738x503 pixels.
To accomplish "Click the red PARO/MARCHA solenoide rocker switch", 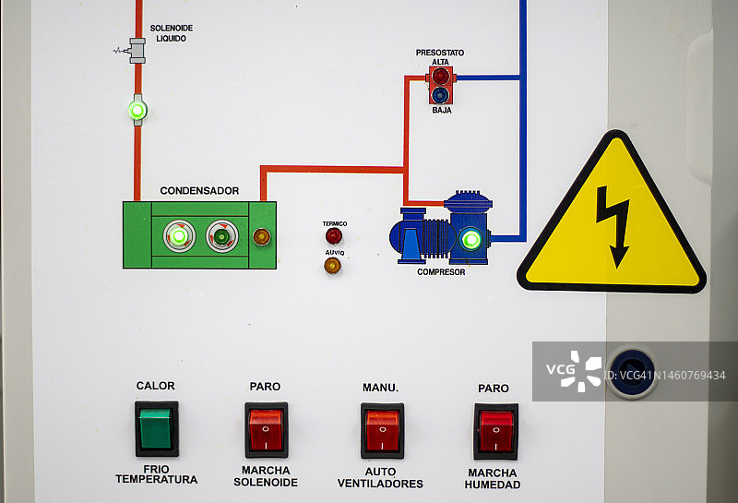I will [266, 430].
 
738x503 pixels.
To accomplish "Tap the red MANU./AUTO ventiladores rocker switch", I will [382, 431].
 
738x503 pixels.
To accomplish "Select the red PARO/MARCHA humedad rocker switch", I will [496, 431].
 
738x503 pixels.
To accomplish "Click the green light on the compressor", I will [471, 240].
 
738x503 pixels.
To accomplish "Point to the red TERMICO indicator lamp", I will [334, 236].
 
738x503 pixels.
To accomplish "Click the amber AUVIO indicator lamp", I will [332, 266].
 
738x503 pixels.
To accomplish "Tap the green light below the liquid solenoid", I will [137, 111].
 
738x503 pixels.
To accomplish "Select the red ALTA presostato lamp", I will [441, 76].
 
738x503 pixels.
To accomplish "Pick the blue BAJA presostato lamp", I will [441, 94].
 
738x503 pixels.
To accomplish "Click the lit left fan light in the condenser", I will [179, 236].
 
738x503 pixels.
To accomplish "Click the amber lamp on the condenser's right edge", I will [262, 236].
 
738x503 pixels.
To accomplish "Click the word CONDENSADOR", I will [199, 191].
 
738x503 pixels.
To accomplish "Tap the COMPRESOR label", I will [441, 272].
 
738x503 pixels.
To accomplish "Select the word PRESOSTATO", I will [440, 53].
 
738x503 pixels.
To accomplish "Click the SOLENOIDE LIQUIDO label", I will [171, 33].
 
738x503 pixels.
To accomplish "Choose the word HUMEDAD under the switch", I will [493, 485].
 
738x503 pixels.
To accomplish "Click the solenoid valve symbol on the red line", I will [137, 50].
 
